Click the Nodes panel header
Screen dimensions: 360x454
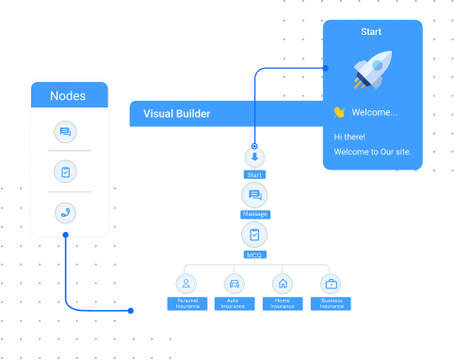point(67,96)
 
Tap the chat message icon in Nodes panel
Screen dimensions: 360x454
point(66,132)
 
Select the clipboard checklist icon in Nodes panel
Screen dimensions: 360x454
point(66,172)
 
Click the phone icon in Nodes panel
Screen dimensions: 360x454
point(66,212)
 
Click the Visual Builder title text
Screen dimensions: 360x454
point(176,114)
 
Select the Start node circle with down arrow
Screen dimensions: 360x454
point(254,156)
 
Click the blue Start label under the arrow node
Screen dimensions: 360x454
point(254,174)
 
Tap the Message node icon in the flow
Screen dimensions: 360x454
point(254,195)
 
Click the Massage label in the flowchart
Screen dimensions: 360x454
point(254,215)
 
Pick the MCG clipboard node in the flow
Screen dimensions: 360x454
point(254,235)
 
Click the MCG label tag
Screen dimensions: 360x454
point(254,254)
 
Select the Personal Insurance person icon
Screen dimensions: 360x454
point(187,283)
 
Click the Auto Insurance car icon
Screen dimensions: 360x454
point(235,283)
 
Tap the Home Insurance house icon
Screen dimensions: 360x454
point(283,283)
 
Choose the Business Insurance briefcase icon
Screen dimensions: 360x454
point(331,283)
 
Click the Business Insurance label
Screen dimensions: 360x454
point(331,303)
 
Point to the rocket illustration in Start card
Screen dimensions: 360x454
point(371,72)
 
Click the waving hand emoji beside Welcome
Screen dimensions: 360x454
point(339,112)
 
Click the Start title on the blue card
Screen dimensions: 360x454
point(371,32)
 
